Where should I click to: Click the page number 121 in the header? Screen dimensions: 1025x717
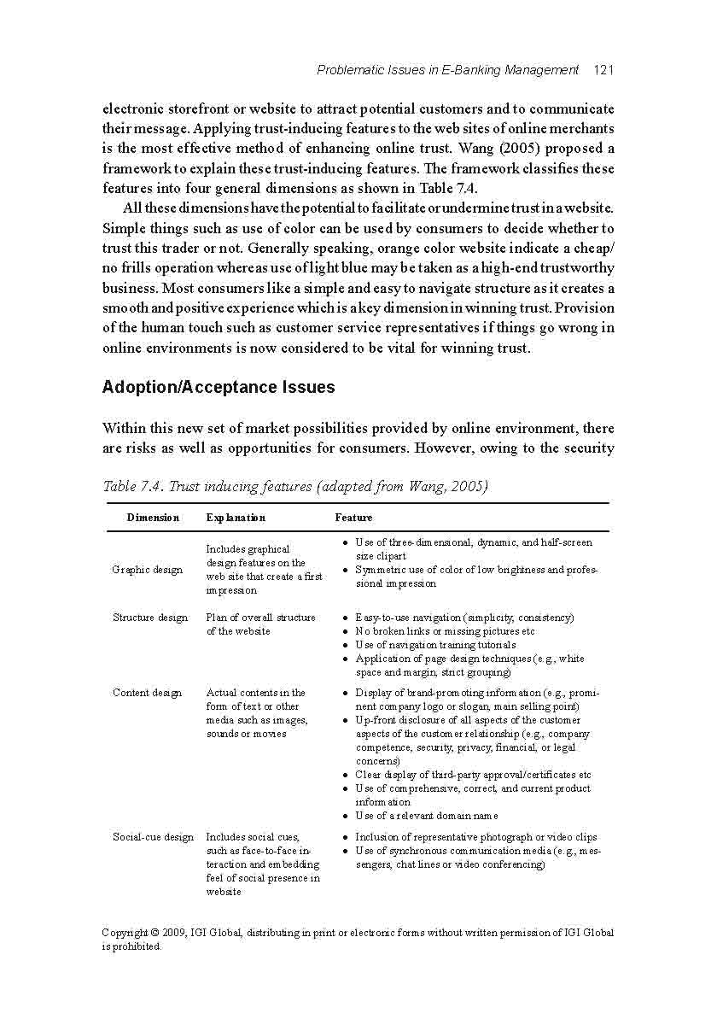pyautogui.click(x=603, y=70)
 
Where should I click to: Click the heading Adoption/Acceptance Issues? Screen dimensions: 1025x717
pyautogui.click(x=219, y=387)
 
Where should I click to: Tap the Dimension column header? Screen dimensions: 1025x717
pyautogui.click(x=153, y=518)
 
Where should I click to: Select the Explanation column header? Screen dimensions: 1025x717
pyautogui.click(x=236, y=518)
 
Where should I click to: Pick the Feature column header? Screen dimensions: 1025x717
pyautogui.click(x=353, y=518)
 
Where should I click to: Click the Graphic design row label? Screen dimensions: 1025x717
pyautogui.click(x=148, y=570)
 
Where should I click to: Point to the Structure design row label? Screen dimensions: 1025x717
pyautogui.click(x=150, y=618)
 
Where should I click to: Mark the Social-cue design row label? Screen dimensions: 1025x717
pyautogui.click(x=154, y=837)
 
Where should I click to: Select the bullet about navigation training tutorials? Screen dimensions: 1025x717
pyautogui.click(x=435, y=645)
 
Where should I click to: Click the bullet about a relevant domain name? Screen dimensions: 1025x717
pyautogui.click(x=427, y=816)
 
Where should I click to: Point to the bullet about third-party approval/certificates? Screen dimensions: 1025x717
pyautogui.click(x=473, y=775)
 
